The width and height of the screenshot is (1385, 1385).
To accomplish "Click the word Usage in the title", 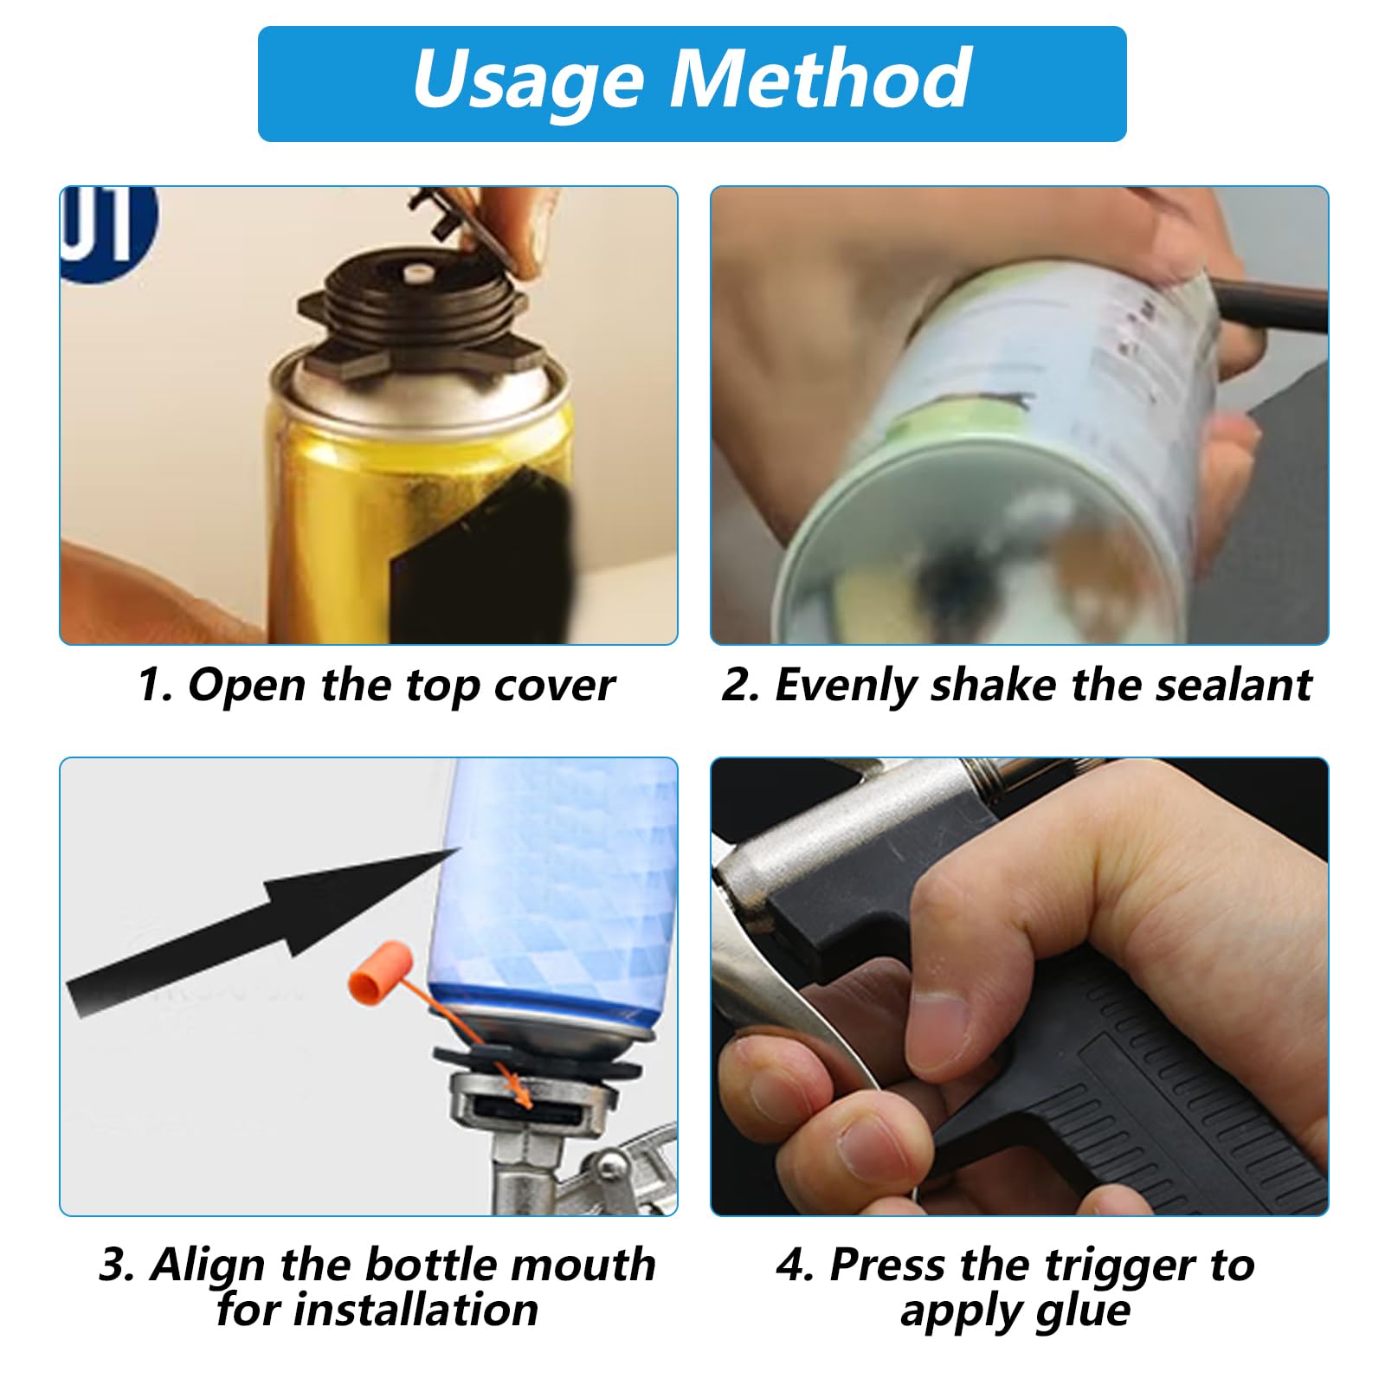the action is click(528, 81).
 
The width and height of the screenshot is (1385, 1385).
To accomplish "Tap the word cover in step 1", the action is click(554, 686).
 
